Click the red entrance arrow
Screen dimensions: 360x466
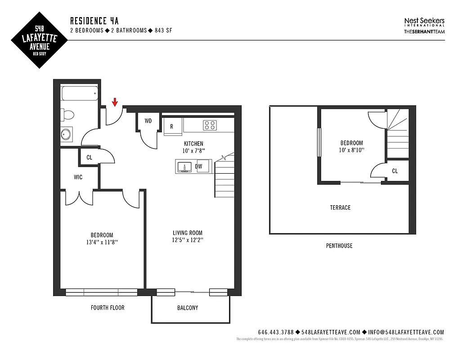click(x=115, y=102)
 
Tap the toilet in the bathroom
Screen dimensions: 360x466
click(x=67, y=115)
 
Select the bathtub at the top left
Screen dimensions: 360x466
click(x=79, y=94)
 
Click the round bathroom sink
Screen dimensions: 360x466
click(x=67, y=135)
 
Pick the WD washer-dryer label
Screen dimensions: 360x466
click(x=148, y=121)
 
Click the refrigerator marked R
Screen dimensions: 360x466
click(x=172, y=126)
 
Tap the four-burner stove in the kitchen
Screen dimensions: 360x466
click(x=209, y=125)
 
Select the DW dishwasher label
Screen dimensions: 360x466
click(x=199, y=166)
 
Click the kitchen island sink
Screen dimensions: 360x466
click(x=184, y=167)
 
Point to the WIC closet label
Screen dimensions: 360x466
click(x=78, y=177)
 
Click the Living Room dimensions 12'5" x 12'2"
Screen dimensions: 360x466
click(x=188, y=240)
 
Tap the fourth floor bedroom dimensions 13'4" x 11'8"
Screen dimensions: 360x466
click(x=102, y=242)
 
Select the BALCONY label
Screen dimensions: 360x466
click(x=188, y=308)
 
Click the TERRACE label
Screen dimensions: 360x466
click(x=340, y=207)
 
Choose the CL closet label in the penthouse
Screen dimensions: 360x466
click(x=395, y=171)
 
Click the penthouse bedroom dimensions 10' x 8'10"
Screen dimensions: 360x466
click(x=352, y=150)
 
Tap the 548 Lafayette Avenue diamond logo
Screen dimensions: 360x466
click(x=39, y=40)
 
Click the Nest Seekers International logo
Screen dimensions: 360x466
click(x=424, y=23)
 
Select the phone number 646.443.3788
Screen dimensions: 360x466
click(x=276, y=332)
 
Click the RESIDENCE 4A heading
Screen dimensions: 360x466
click(x=94, y=21)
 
